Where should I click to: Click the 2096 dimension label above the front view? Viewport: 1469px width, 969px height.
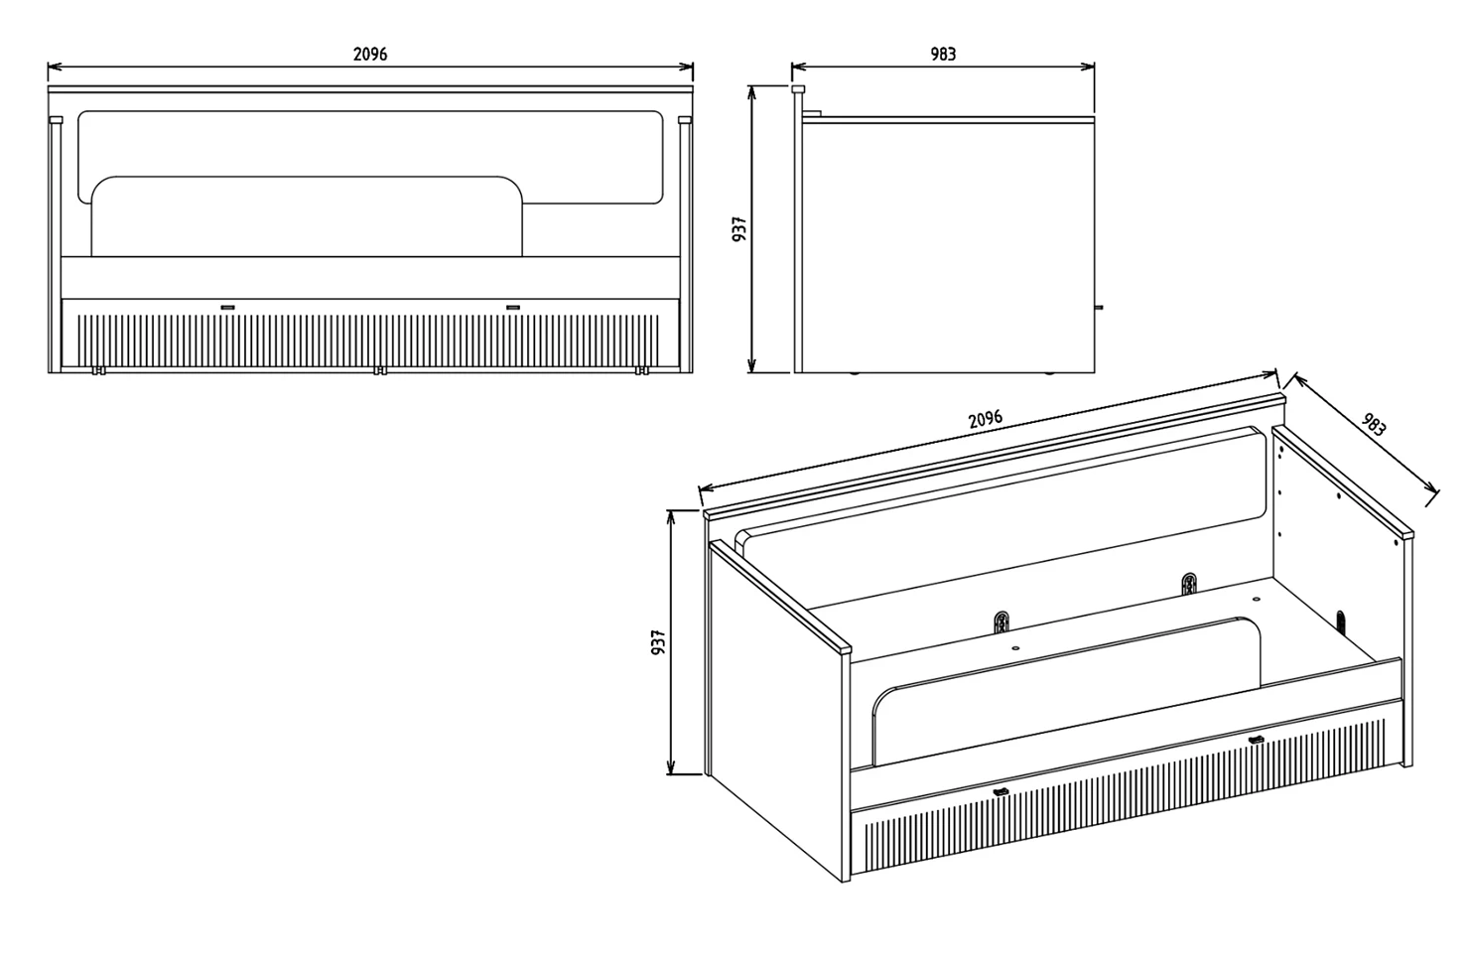370,54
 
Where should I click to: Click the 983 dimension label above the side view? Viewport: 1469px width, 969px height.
943,54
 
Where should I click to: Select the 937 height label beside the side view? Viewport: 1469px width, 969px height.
739,229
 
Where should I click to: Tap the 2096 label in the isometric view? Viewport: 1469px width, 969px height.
985,419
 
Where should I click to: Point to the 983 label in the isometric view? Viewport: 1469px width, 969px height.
1374,424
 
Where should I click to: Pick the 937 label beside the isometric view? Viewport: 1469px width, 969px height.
658,642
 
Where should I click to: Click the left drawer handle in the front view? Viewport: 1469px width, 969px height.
227,307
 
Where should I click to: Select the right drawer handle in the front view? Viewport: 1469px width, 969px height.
513,307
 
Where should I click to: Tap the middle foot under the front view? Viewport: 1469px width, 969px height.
380,370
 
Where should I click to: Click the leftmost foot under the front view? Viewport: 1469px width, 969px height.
98,370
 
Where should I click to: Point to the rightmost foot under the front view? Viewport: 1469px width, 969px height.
642,370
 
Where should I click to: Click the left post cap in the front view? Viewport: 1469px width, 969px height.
56,120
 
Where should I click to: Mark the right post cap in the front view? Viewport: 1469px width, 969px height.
685,120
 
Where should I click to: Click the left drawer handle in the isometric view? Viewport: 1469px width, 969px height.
1001,792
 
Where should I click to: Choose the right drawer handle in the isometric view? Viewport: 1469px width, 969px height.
1256,740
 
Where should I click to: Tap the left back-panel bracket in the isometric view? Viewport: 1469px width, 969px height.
1002,622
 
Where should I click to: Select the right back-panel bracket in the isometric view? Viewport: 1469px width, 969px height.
1189,584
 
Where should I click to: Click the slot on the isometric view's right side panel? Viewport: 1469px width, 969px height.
1340,622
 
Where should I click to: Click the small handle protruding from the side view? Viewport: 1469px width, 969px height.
1099,307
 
